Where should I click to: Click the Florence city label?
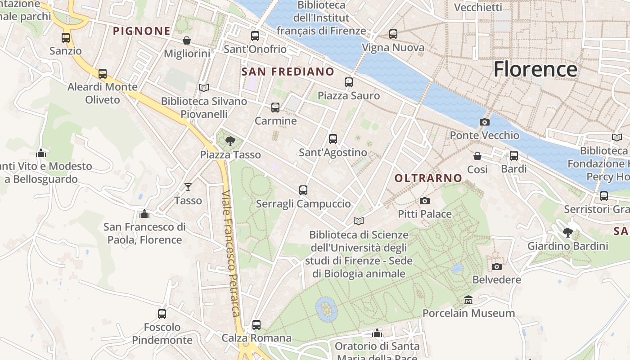(535, 69)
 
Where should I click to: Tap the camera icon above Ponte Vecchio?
(485, 122)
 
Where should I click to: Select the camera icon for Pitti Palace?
(424, 201)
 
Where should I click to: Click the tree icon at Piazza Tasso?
(230, 141)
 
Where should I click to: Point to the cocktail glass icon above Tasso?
(188, 187)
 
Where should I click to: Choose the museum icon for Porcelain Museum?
(468, 300)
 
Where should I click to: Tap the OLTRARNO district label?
(428, 178)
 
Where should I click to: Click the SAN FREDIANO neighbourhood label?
(288, 72)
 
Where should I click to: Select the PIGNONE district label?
(142, 31)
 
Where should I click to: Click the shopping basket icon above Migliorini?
(187, 40)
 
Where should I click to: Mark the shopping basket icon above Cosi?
(477, 156)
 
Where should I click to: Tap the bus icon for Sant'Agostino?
(333, 139)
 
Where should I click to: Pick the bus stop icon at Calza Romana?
(256, 324)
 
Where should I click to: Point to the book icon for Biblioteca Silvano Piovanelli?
(204, 88)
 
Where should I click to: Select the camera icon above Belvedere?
(497, 266)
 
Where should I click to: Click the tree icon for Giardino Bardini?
(568, 233)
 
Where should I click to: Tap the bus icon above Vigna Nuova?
(393, 34)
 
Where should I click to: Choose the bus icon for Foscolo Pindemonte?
(162, 314)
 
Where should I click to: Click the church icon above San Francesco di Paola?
(144, 213)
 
